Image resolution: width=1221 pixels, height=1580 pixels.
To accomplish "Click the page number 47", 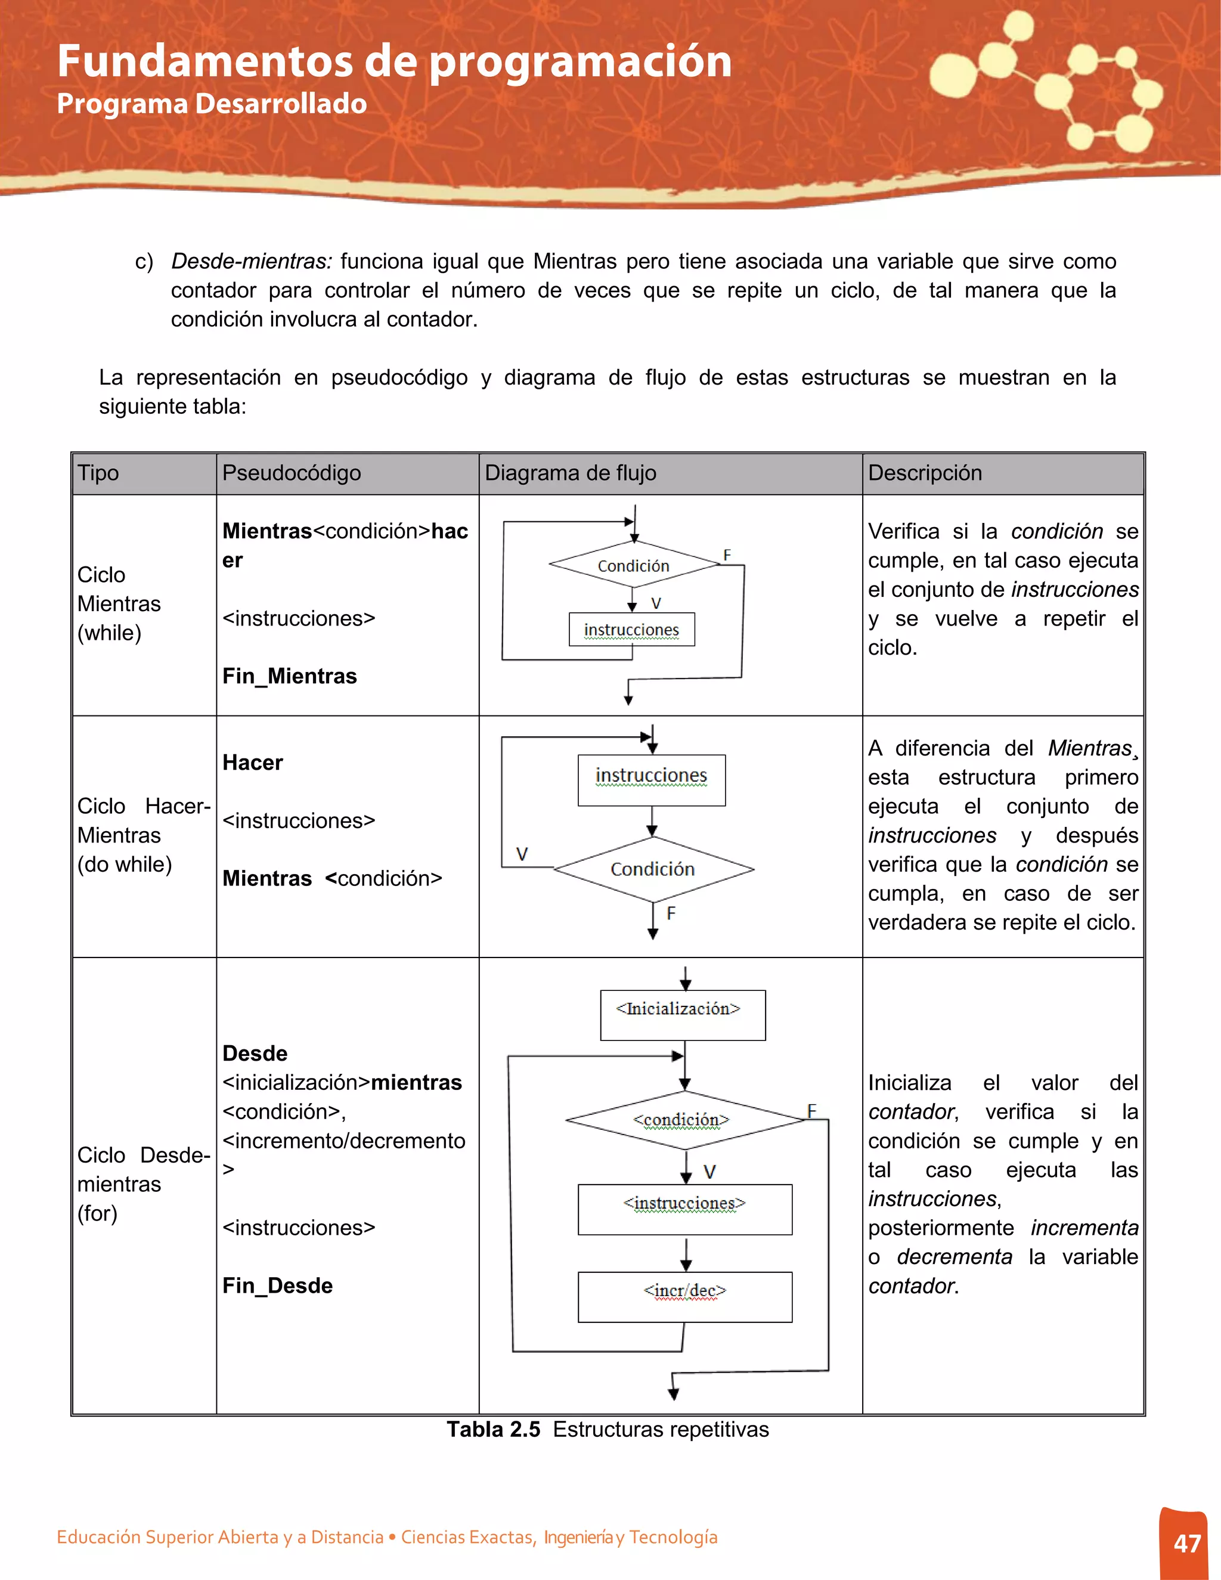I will click(1187, 1543).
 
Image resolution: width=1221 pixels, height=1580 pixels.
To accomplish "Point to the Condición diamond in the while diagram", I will click(634, 565).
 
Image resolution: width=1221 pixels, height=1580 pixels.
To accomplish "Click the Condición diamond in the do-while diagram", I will click(652, 869).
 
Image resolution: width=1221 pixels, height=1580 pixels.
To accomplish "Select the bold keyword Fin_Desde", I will click(277, 1285).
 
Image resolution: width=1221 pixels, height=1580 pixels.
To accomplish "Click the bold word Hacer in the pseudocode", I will click(252, 763).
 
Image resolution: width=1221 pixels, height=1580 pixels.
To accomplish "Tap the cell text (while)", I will click(109, 633).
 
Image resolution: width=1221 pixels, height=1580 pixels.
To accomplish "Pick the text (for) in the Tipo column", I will click(97, 1213).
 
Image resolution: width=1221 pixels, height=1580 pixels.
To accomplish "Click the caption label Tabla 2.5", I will click(492, 1430).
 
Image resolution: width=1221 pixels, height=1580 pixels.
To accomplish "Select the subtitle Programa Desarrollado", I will click(211, 104).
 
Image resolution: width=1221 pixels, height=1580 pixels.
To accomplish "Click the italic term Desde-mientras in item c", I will click(251, 261).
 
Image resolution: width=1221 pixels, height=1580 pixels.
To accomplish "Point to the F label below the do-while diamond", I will click(671, 913).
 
